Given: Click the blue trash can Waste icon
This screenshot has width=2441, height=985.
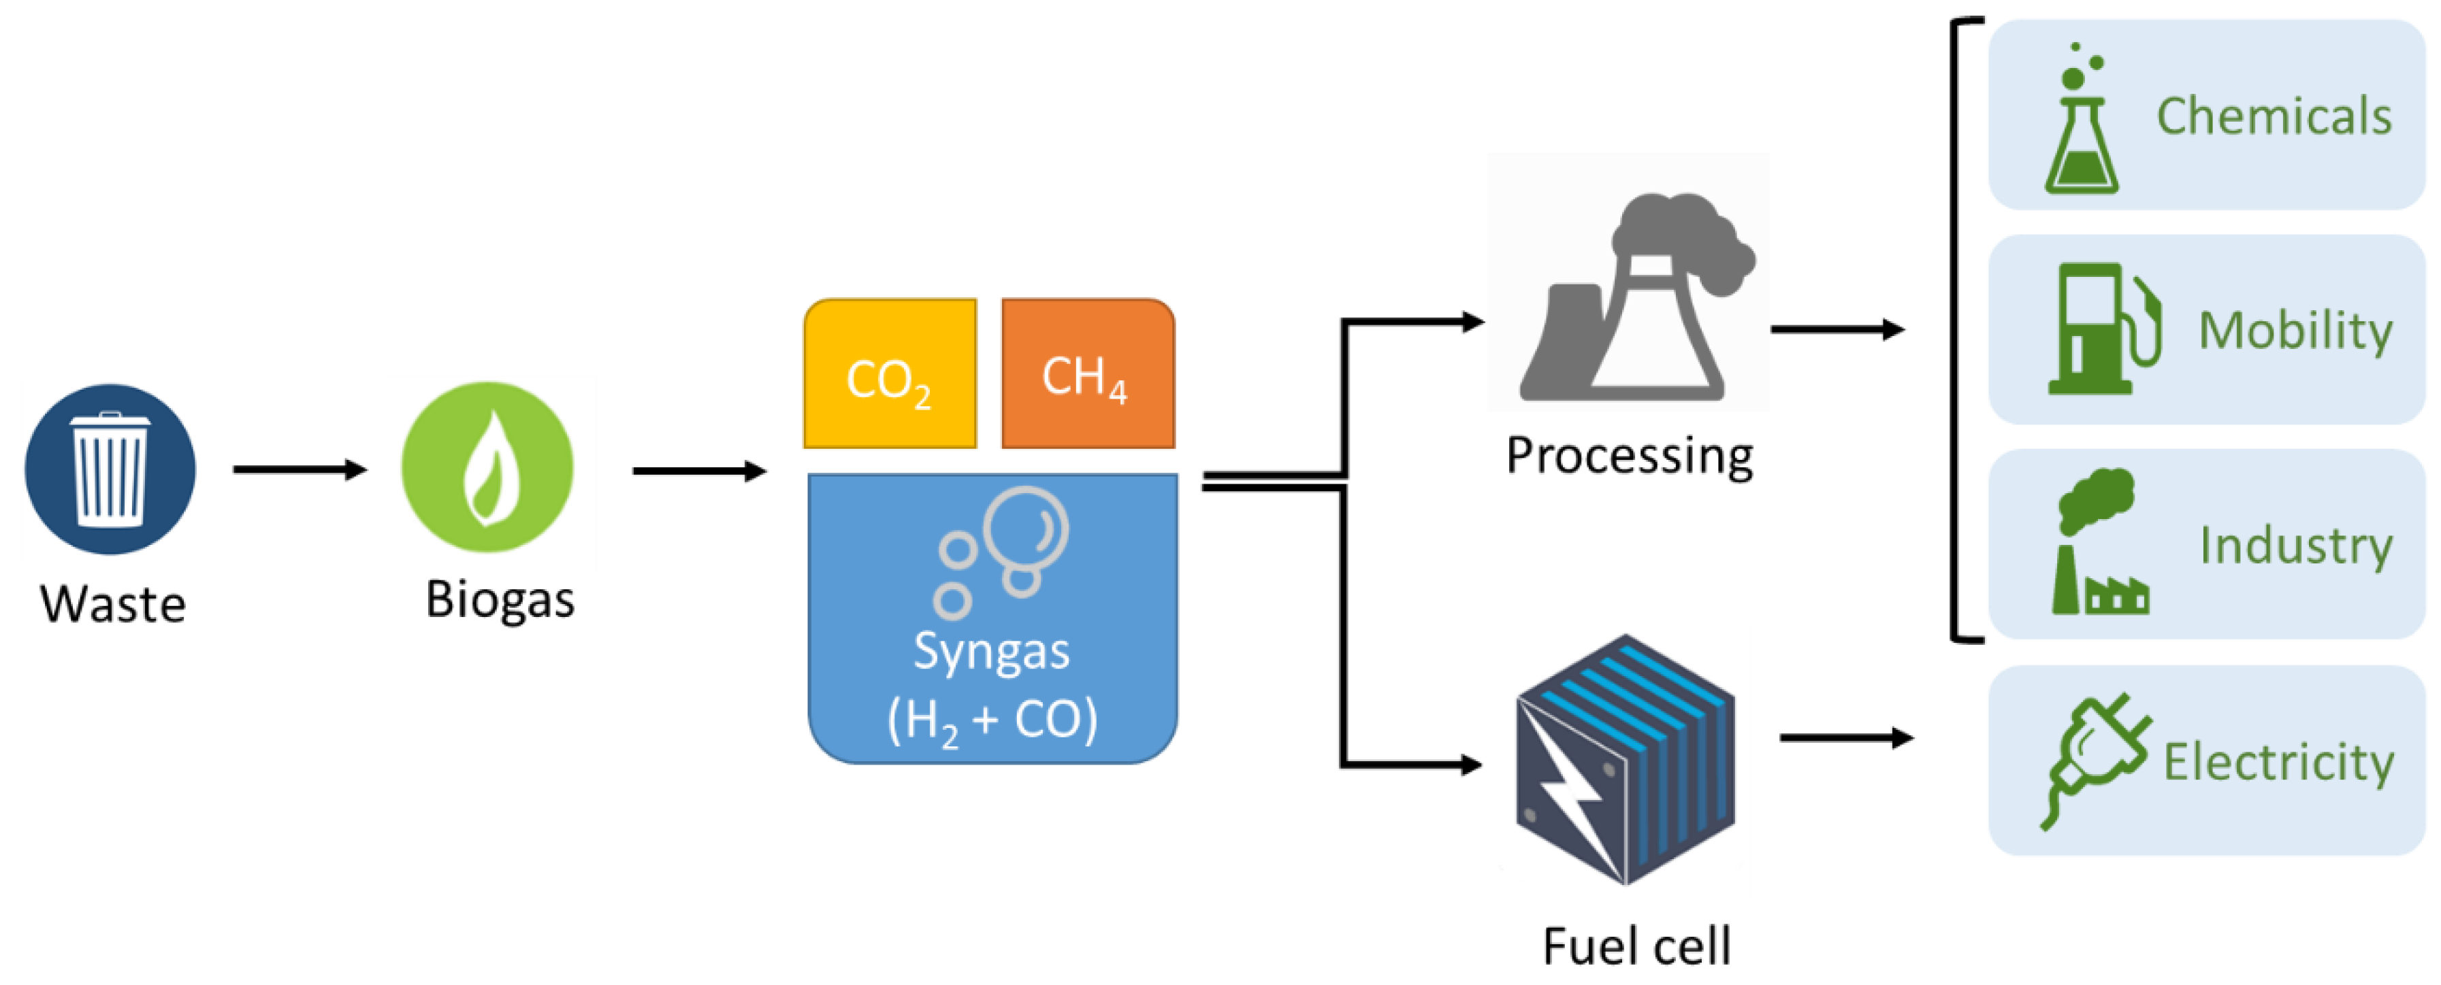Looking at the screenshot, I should [x=110, y=469].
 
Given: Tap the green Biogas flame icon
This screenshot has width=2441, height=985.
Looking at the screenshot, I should [x=487, y=467].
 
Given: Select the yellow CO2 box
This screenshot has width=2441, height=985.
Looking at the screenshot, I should [x=889, y=375].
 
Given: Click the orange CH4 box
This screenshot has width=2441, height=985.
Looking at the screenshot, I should [x=1088, y=375].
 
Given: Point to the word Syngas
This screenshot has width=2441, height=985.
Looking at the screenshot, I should [x=991, y=652].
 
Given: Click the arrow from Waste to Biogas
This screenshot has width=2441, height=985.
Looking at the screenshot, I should [x=300, y=469].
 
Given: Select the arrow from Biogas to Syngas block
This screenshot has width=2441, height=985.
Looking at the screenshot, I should [x=699, y=471].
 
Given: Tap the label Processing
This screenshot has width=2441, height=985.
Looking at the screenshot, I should [x=1630, y=456].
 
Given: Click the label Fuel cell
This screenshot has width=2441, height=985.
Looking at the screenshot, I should [x=1636, y=946].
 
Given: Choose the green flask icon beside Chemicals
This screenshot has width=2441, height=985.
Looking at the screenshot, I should [x=2081, y=123].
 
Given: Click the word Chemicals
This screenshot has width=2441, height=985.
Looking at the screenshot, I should [x=2274, y=116].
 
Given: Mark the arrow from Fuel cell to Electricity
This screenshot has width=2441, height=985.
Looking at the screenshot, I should [x=1846, y=738].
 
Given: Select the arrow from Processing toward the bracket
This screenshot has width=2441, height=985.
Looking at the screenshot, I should [x=1837, y=330].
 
